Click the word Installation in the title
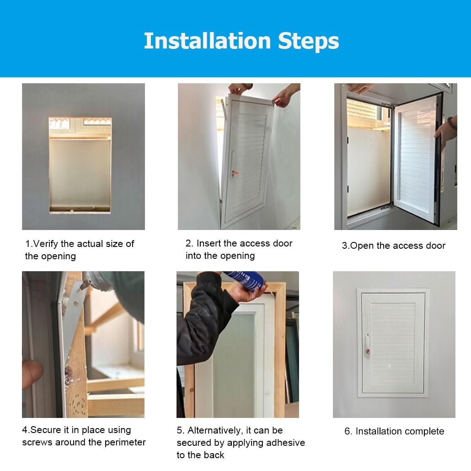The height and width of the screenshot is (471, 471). tap(207, 41)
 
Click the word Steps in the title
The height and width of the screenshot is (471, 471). tap(309, 41)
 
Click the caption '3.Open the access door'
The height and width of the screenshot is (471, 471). tap(394, 246)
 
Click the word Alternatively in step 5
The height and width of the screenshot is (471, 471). tap(214, 430)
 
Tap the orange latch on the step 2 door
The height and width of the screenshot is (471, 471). tap(235, 173)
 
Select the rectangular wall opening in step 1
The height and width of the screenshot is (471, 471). tap(80, 165)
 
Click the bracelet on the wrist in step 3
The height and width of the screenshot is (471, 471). tap(452, 123)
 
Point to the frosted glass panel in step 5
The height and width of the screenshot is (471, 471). tap(234, 364)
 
